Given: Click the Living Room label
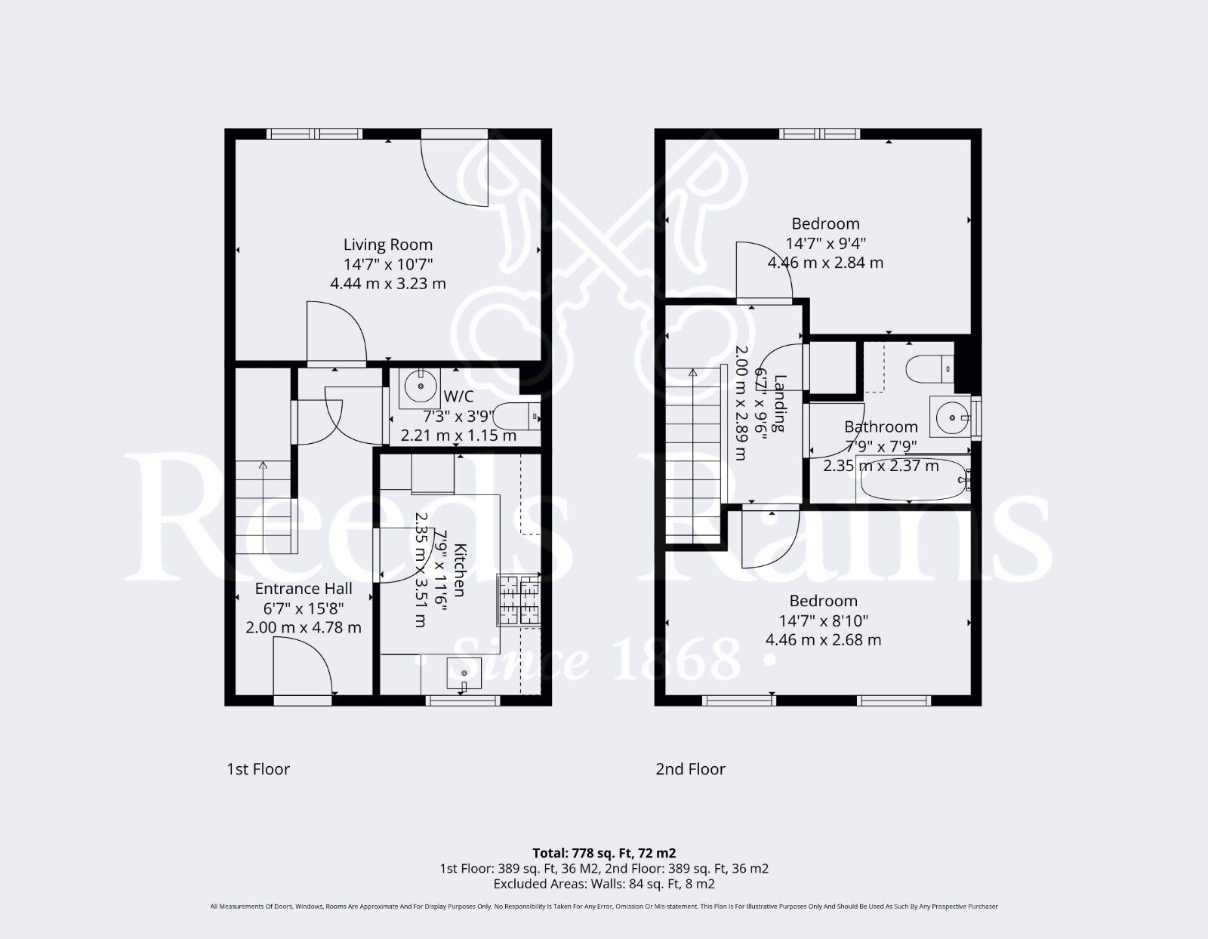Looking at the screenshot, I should click(388, 245).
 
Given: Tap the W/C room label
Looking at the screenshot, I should click(459, 396).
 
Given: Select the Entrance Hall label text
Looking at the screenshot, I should click(304, 589).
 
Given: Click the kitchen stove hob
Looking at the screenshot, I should click(519, 599).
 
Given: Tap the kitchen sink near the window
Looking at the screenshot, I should click(464, 672).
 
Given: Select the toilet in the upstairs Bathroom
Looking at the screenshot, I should click(929, 368).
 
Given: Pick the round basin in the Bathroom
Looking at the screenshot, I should click(951, 416).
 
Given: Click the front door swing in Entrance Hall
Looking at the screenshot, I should click(302, 666).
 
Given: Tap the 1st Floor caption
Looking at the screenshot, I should click(258, 769).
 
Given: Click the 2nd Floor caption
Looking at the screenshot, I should click(690, 769).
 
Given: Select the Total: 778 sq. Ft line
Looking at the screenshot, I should click(604, 853).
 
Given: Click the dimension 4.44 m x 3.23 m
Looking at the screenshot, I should click(388, 284).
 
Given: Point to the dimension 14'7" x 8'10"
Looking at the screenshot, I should click(824, 620).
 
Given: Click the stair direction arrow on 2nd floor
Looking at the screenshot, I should click(693, 373).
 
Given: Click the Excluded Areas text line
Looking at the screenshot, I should click(604, 883).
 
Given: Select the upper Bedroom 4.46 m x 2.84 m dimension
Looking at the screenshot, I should click(825, 263).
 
